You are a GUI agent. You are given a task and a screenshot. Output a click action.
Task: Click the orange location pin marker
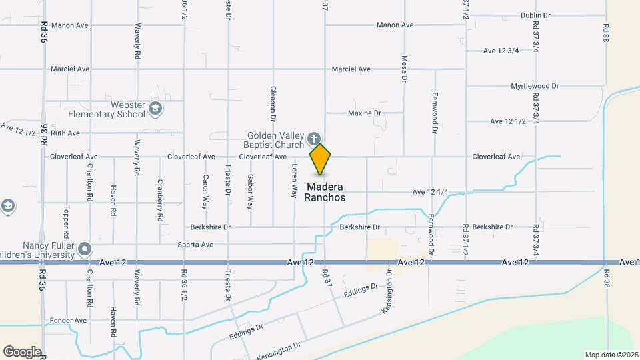coord(320,159)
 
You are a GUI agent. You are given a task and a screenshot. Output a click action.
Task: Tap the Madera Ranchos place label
coord(325,192)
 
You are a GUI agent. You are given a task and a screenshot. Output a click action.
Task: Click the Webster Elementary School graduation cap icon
coord(155,108)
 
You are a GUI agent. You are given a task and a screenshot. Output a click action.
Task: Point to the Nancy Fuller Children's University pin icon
coord(85,250)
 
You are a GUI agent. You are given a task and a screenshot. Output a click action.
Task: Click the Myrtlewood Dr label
coord(535,86)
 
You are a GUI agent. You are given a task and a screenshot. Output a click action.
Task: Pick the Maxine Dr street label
coord(364,113)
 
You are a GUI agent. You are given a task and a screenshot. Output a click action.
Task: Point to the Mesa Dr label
coord(404,69)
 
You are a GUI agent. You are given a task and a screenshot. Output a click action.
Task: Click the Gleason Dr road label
coord(273,99)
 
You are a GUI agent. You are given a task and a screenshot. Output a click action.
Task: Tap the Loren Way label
coord(294,181)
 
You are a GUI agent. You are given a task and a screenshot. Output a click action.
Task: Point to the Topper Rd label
coord(66,222)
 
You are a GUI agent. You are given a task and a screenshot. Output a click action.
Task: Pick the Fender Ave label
coord(69,321)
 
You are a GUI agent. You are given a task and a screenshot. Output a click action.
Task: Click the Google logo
coord(22,351)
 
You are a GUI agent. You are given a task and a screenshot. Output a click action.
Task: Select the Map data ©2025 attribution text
coord(611,355)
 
